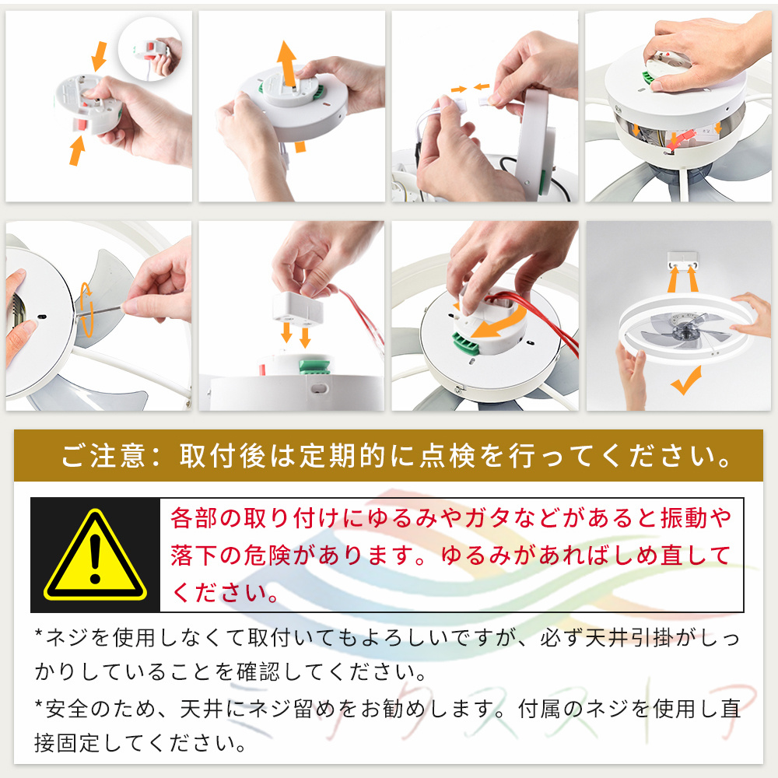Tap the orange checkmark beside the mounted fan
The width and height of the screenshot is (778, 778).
686,380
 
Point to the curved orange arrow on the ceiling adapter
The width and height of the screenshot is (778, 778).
500,323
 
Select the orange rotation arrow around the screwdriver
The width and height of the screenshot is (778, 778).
86,310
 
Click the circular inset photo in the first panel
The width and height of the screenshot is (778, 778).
150,48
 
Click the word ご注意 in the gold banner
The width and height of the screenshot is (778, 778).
103,455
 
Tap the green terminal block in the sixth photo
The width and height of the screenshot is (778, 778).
314,366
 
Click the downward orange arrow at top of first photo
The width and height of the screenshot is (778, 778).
100,56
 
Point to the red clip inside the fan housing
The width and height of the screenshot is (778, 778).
680,139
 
